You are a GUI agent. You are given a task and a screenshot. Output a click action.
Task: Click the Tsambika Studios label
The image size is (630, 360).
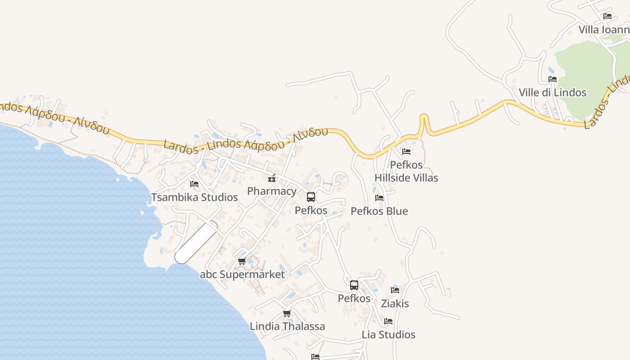coord(194,197)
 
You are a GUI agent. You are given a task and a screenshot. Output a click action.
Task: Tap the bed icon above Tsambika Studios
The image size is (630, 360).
coord(194,184)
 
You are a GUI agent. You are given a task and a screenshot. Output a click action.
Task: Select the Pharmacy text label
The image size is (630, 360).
coord(272,191)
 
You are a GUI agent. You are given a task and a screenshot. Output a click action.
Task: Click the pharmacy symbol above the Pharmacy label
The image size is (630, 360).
coord(271,178)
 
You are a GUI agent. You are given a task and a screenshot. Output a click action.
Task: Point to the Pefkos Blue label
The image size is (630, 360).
coord(379,211)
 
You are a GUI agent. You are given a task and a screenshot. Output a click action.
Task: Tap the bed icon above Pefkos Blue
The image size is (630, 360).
coord(379,198)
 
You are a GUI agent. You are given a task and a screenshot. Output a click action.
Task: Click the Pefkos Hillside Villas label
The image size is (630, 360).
coord(406,171)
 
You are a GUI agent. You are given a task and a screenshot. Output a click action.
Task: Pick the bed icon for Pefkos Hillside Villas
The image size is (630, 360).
coord(406,152)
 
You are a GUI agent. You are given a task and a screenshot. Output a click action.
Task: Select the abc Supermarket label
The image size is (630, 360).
coord(242,274)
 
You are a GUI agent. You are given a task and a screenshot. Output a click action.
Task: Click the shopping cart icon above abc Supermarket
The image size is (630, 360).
coord(242,261)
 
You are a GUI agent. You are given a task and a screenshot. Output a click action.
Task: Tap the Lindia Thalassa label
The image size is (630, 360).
coord(287,326)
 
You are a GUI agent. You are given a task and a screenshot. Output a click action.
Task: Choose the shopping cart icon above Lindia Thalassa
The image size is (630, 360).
coord(287,313)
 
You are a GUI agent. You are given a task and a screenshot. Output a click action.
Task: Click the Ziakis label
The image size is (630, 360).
coord(395,303)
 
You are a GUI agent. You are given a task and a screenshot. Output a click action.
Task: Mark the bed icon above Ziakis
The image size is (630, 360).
coord(395,290)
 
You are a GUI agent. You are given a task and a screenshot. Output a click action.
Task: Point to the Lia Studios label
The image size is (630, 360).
coord(388,334)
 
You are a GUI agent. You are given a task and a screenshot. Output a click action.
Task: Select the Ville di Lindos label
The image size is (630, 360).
coord(553,93)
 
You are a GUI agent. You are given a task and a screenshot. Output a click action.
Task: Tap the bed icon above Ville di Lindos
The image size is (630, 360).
coord(553,79)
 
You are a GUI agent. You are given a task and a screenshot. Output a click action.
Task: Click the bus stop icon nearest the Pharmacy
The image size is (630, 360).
coord(311,197)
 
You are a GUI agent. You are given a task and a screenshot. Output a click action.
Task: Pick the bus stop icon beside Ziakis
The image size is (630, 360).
coord(354,285)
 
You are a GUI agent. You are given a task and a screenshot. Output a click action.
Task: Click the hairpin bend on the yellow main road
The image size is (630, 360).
coord(424,118)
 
